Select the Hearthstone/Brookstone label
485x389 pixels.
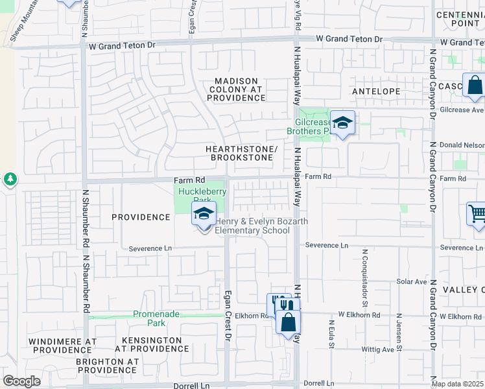tap(241, 153)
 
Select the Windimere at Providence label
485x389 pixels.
tap(62, 345)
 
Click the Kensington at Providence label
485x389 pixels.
tap(148, 344)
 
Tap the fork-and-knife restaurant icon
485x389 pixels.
tap(277, 305)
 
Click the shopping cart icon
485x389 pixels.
tap(477, 214)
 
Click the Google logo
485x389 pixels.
tap(21, 381)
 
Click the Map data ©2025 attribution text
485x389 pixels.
tap(458, 384)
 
